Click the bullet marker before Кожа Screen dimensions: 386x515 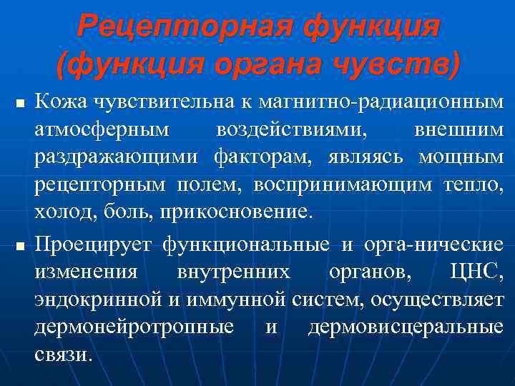tap(18, 105)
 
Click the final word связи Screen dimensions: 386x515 tap(63, 354)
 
